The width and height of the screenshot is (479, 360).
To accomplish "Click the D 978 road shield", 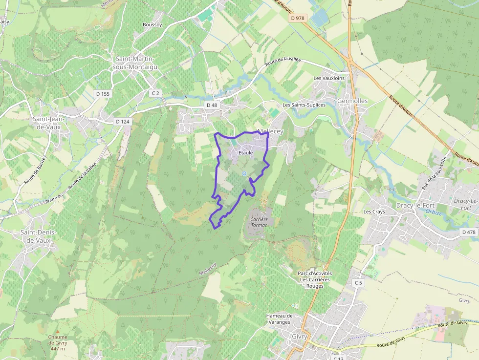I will (297, 18).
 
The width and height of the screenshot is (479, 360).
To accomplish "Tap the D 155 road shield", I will (103, 93).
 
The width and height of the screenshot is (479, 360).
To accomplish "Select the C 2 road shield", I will (156, 93).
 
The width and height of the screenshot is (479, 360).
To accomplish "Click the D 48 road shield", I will (212, 105).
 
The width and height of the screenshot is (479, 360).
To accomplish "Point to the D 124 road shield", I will (123, 121).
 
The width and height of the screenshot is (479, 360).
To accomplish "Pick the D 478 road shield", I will (469, 232).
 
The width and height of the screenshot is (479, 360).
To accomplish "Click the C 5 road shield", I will (358, 283).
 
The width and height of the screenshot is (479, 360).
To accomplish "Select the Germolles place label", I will (352, 101).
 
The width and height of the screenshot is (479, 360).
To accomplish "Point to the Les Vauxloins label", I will (329, 78).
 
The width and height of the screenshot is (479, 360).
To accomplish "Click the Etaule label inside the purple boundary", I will (245, 153).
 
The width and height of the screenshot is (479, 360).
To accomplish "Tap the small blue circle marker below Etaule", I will (244, 173).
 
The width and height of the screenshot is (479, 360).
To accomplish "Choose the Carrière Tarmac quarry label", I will (259, 223).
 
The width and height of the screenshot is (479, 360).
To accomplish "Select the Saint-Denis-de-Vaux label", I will (39, 236).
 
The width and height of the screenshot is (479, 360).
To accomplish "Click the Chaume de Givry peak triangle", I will (58, 331).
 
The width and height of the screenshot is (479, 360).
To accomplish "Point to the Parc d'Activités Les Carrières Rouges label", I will (315, 279).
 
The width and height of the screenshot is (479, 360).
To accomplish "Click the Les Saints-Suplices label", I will (304, 105).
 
